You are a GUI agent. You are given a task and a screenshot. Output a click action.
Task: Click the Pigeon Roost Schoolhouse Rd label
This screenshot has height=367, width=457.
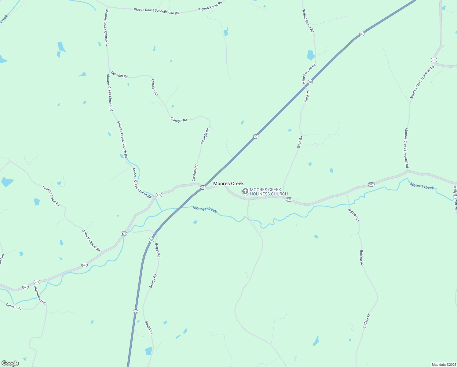tap(156, 11)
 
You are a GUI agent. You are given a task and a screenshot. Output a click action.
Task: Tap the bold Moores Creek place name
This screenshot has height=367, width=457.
tap(228, 183)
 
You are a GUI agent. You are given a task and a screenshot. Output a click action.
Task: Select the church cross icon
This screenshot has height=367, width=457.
tap(245, 191)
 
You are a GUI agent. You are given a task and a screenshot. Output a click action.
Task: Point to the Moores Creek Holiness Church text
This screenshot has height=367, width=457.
tap(269, 192)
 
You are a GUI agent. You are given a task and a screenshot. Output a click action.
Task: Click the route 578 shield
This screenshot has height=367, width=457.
tap(434, 60)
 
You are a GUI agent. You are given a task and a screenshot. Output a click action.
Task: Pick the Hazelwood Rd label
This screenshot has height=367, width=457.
tap(40, 295)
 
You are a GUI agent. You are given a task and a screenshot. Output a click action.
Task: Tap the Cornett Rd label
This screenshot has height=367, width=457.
tap(14, 306)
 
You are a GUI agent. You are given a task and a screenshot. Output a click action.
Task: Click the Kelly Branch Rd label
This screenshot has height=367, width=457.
tap(455, 198)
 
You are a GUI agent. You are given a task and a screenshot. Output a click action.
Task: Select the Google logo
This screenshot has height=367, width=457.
tap(10, 363)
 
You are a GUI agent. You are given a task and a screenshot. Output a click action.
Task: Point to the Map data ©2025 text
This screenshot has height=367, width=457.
tap(444, 365)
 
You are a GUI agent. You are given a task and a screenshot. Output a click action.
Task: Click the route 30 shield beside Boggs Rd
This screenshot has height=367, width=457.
tap(151, 240)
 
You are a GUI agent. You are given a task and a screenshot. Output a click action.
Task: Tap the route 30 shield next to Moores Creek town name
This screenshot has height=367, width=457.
tap(203, 187)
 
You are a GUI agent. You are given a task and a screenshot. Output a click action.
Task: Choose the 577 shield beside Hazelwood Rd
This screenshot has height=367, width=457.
tap(37, 282)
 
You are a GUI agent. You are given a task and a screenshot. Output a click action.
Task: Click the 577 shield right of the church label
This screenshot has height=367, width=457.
tap(289, 199)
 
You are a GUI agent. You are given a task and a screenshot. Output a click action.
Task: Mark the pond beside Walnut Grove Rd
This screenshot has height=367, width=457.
tap(311, 55)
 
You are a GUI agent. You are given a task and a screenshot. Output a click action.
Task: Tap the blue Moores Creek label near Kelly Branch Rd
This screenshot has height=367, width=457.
tap(422, 186)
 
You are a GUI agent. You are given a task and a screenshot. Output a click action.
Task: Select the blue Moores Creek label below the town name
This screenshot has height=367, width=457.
tap(205, 209)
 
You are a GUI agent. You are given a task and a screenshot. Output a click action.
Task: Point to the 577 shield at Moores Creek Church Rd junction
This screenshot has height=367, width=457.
tap(159, 195)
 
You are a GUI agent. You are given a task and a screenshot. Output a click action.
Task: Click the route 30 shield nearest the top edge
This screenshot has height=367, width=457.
tap(362, 34)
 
